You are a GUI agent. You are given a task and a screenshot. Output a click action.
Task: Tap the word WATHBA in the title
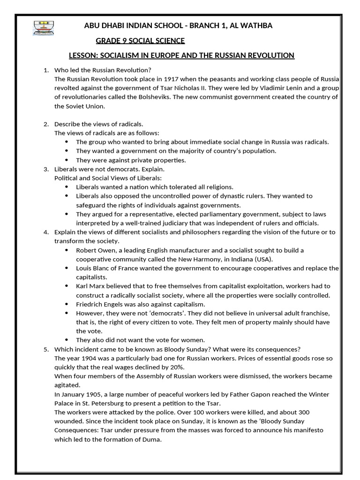(256, 26)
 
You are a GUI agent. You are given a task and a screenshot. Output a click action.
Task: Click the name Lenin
(280, 88)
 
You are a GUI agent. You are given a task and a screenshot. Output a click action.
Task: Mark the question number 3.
(46, 169)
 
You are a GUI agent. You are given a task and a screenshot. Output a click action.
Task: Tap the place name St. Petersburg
(103, 403)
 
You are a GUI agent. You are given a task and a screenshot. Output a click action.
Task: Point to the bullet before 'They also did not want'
(66, 340)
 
